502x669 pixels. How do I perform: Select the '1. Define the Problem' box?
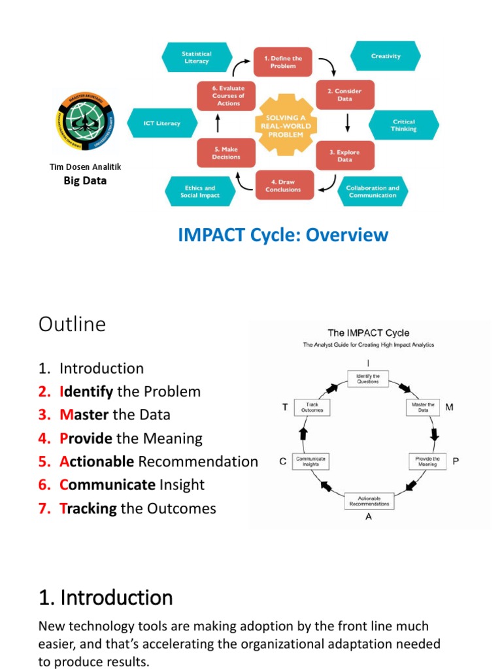tap(283, 61)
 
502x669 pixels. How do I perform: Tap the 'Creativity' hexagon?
tap(386, 56)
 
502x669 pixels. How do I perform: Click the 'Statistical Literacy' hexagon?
tap(197, 57)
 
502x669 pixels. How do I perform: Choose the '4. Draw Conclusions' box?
tap(283, 186)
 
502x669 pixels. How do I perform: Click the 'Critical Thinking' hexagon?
tap(403, 125)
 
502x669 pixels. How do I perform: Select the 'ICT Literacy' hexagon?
tap(161, 123)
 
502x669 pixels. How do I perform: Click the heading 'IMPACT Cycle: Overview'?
tap(283, 235)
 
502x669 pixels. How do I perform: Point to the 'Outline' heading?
tap(72, 324)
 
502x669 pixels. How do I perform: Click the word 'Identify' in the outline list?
tap(86, 391)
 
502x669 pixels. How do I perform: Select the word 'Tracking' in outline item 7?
tap(88, 508)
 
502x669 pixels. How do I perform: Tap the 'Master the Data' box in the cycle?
tap(423, 408)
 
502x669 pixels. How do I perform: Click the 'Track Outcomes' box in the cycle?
tap(312, 408)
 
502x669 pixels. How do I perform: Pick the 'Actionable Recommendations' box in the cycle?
tap(369, 500)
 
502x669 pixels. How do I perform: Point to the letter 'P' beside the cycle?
tap(456, 461)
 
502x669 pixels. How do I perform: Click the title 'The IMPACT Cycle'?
tap(368, 333)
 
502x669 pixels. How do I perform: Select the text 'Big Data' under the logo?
tap(85, 180)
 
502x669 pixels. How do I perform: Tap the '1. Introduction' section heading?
tap(106, 597)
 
